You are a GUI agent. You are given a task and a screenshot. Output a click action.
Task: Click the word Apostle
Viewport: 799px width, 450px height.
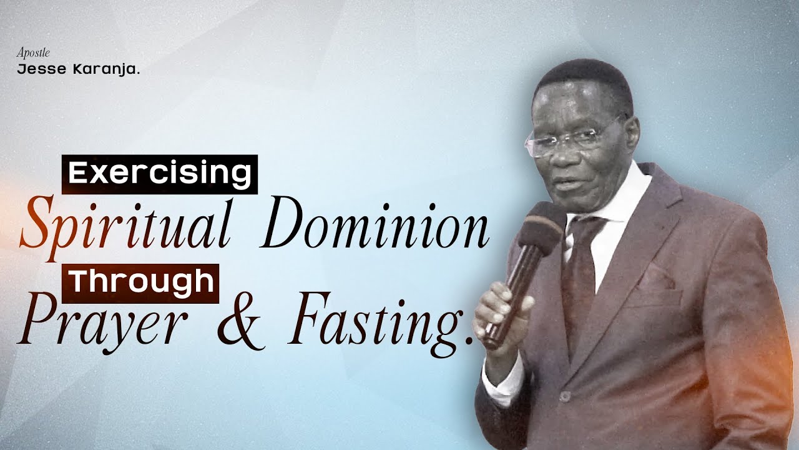[33, 53]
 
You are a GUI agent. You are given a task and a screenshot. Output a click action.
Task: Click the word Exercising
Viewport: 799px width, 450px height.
[159, 173]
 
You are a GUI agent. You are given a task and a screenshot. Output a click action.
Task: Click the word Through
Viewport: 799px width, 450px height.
[141, 282]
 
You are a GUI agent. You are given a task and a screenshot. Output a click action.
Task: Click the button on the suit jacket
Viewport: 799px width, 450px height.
[564, 396]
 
